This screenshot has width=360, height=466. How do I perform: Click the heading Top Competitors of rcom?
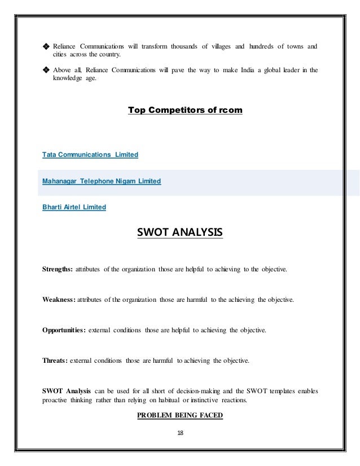coord(185,110)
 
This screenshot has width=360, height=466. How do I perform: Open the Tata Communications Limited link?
coord(90,154)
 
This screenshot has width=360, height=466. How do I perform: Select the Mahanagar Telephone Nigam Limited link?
coord(102,181)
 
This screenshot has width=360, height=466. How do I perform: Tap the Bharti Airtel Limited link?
coord(74,207)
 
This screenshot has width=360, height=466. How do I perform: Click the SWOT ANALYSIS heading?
coord(180,232)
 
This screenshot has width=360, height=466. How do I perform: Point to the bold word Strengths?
coord(57,270)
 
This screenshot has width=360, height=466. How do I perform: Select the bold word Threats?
coord(55,360)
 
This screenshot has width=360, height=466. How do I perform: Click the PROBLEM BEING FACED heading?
coord(180,416)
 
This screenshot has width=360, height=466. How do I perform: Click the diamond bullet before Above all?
coord(46,71)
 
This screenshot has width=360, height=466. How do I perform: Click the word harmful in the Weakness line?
coord(195,300)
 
